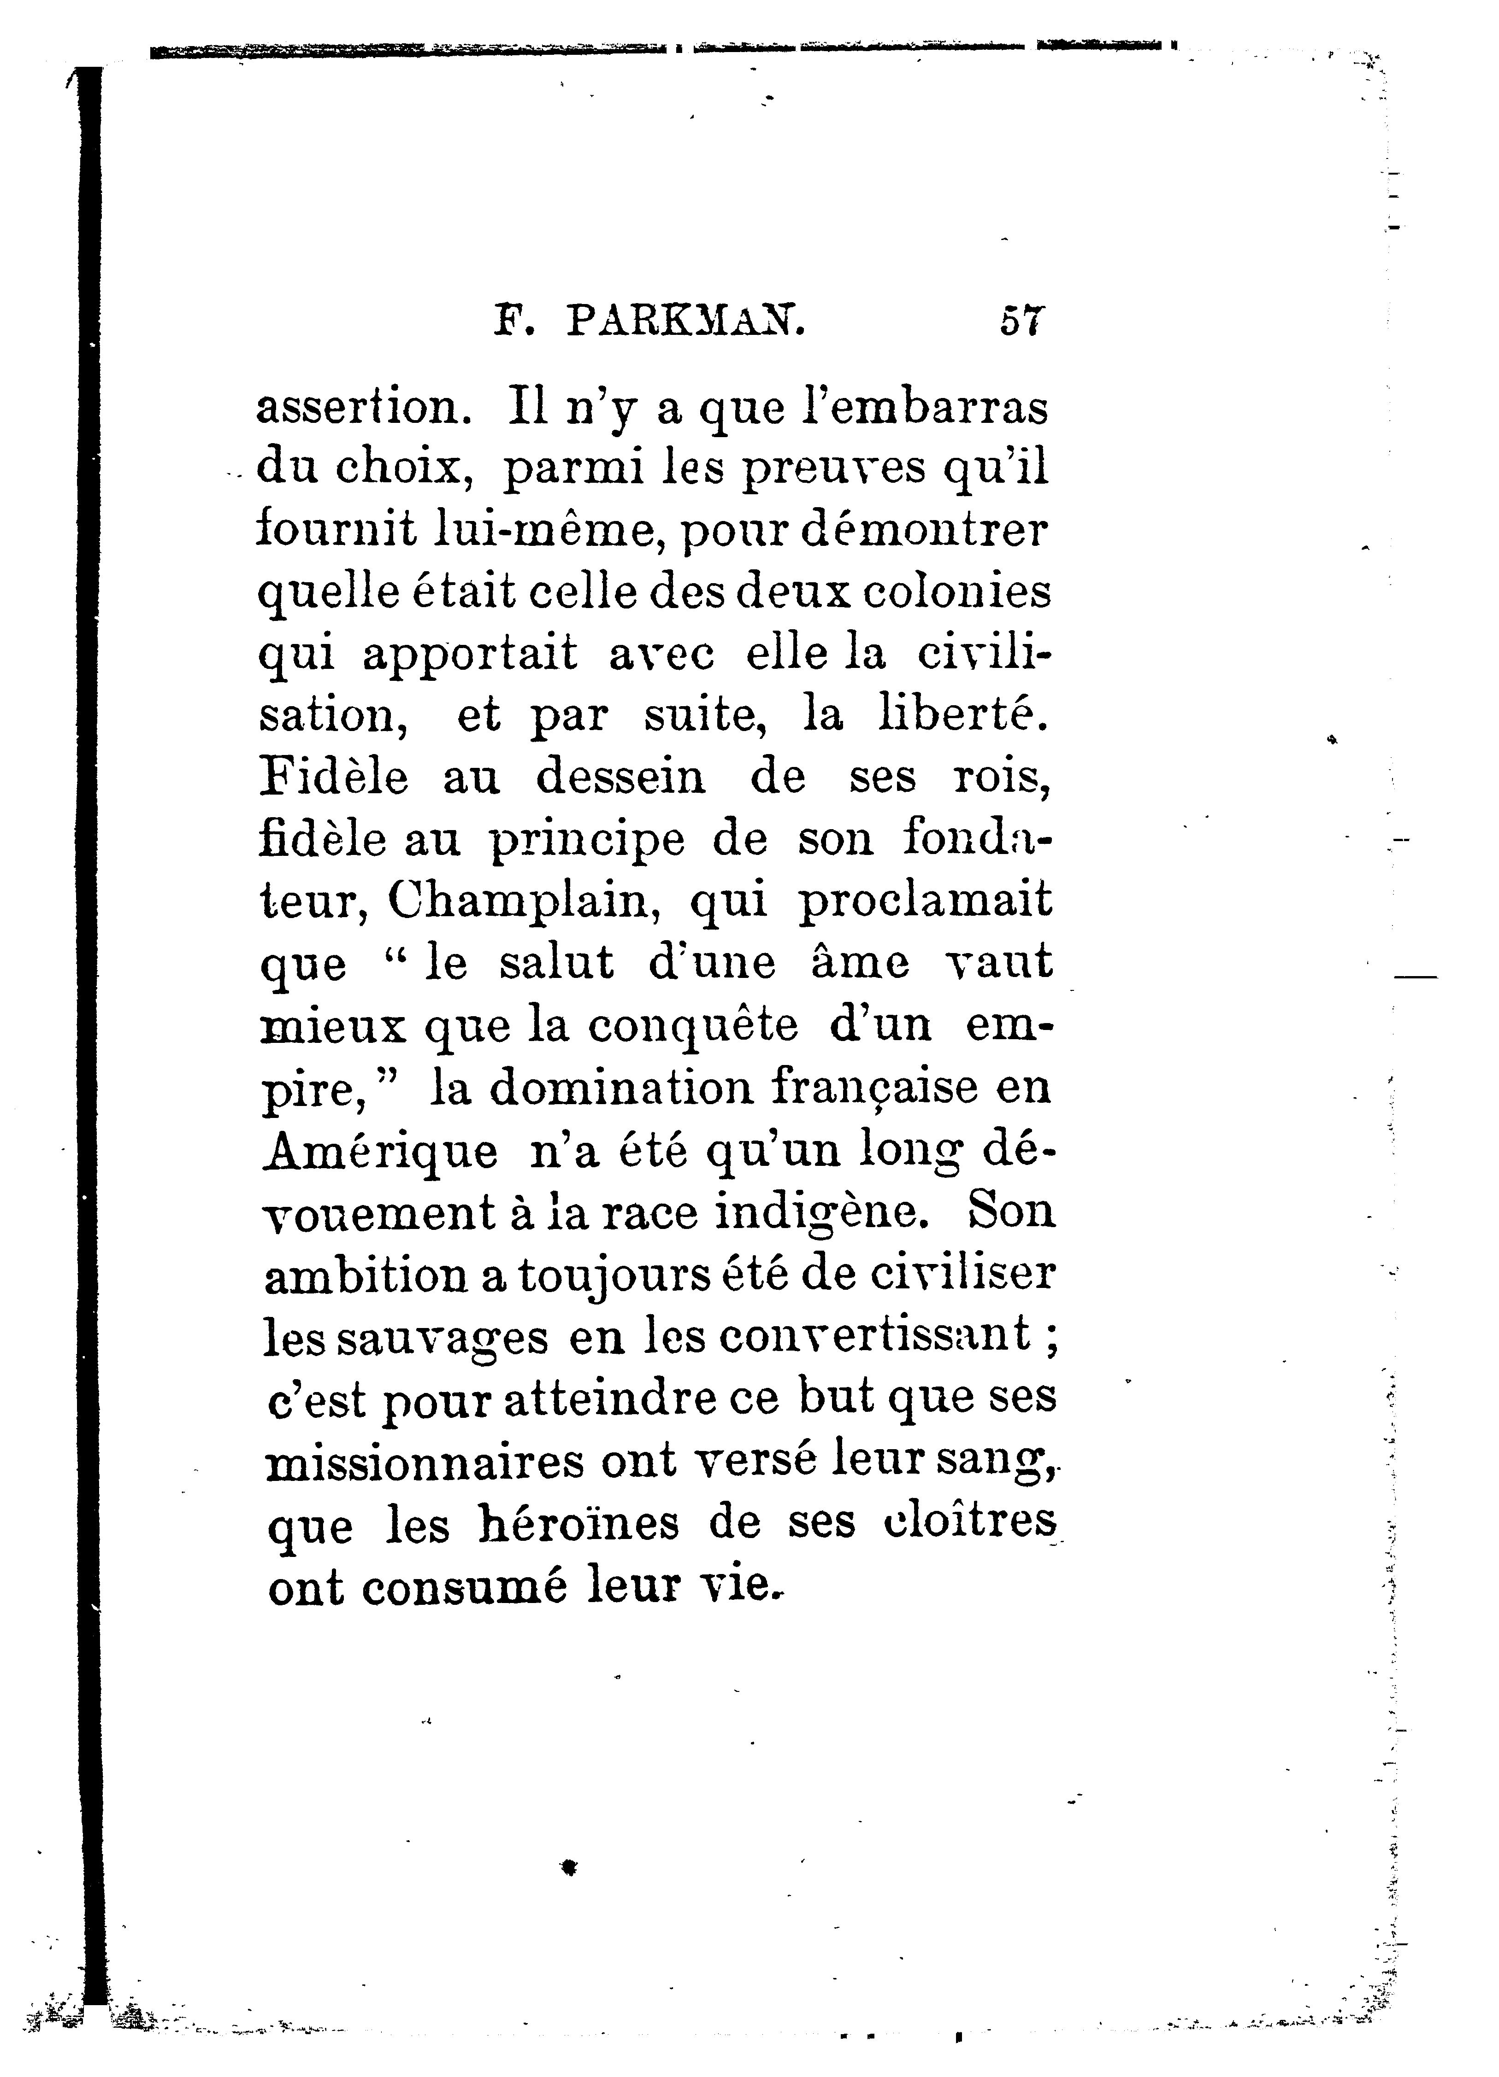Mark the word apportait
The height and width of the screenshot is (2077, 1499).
(x=470, y=654)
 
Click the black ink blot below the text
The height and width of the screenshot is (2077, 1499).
(x=569, y=1866)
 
